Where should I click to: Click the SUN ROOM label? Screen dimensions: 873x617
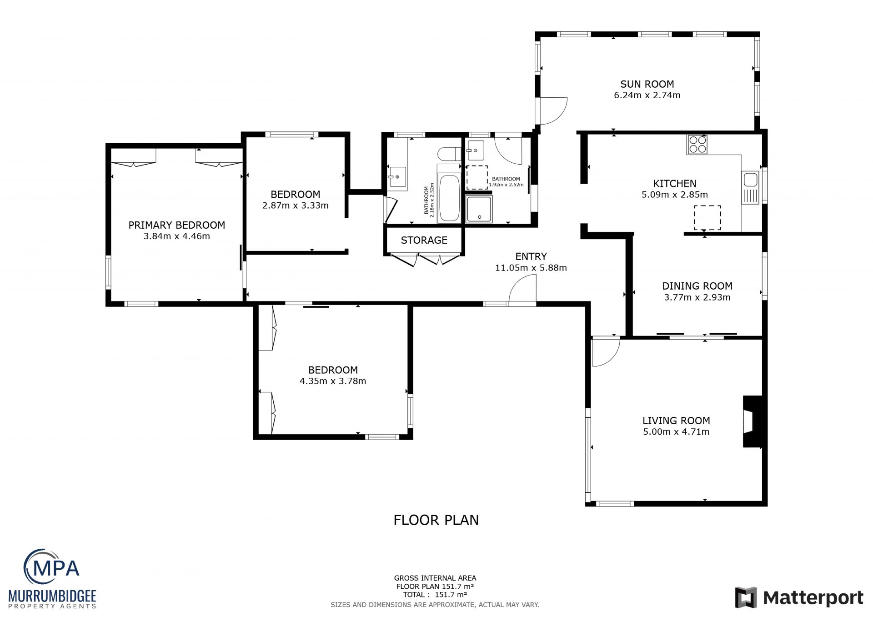pyautogui.click(x=647, y=84)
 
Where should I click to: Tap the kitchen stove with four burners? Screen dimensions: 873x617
pyautogui.click(x=697, y=145)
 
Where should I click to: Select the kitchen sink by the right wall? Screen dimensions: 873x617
pyautogui.click(x=751, y=187)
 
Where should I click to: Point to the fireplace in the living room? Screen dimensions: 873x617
pyautogui.click(x=753, y=421)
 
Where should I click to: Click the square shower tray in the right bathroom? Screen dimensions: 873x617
pyautogui.click(x=479, y=210)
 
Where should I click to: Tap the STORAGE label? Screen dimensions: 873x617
pyautogui.click(x=424, y=240)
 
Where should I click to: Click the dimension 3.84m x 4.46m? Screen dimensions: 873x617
pyautogui.click(x=177, y=236)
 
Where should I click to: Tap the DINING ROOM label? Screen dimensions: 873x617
pyautogui.click(x=697, y=286)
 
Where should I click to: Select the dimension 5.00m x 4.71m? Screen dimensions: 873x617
pyautogui.click(x=676, y=432)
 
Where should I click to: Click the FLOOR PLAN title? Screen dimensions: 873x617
pyautogui.click(x=436, y=520)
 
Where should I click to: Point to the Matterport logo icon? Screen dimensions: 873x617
pyautogui.click(x=746, y=597)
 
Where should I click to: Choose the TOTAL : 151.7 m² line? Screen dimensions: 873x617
pyautogui.click(x=435, y=595)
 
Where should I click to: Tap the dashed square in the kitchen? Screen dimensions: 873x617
pyautogui.click(x=707, y=217)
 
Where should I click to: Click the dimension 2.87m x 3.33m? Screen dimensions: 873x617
pyautogui.click(x=295, y=206)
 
